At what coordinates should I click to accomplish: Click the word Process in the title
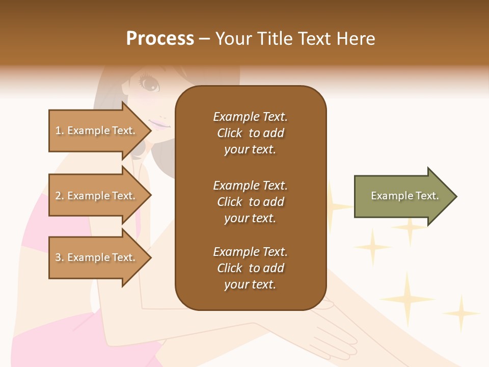pos(160,39)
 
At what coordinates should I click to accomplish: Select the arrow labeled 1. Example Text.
pos(97,130)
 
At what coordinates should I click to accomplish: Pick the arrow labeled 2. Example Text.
pos(97,196)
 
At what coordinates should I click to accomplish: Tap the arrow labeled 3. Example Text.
pos(97,257)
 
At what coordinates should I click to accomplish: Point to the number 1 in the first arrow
pos(58,130)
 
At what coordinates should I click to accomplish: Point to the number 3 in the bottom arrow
pos(58,257)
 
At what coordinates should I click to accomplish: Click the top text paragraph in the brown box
pos(250,133)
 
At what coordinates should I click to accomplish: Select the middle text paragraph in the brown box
pos(250,202)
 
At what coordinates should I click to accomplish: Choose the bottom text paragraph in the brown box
pos(250,268)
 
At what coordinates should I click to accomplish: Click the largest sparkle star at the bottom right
pos(407,299)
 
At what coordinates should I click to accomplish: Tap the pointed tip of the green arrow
pos(456,196)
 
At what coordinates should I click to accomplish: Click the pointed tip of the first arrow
pos(151,130)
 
